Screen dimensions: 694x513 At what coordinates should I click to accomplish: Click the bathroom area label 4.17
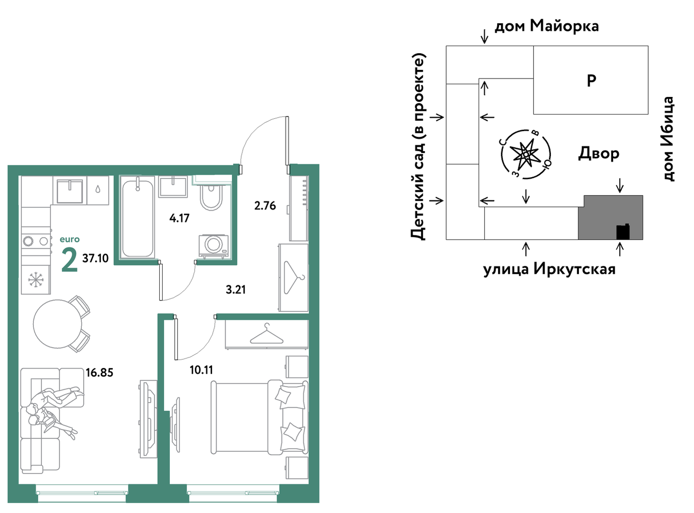(179, 218)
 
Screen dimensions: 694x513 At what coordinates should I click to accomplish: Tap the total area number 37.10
(96, 258)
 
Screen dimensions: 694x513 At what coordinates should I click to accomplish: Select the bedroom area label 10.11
(201, 370)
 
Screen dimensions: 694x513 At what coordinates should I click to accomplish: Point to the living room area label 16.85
(99, 373)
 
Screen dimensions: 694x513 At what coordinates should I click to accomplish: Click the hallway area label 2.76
(265, 206)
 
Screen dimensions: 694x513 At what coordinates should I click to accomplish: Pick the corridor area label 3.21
(235, 290)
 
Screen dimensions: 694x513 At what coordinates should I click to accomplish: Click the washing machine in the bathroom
(214, 246)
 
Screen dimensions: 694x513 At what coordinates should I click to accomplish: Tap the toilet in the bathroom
(211, 195)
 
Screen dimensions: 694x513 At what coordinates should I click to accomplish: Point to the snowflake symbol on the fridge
(36, 280)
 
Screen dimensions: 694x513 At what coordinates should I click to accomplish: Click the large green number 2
(69, 260)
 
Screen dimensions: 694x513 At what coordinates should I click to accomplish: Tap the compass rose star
(526, 155)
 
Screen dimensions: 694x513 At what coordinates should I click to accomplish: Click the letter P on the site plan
(591, 81)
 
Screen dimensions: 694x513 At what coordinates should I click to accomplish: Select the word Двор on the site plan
(598, 154)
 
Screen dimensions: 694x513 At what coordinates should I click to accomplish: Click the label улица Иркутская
(549, 269)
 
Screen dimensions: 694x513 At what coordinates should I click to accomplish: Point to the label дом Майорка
(547, 26)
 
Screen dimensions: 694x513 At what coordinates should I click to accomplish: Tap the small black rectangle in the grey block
(623, 232)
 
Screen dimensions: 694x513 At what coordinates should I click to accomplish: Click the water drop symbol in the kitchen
(98, 189)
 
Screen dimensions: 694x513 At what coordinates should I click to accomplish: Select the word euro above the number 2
(70, 240)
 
